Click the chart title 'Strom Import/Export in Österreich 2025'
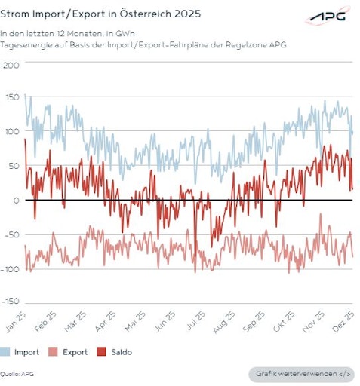[100, 14]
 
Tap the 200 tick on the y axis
[11, 64]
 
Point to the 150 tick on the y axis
[11, 97]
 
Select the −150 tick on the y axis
[10, 301]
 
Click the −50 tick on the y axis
[10, 233]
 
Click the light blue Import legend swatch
[5, 351]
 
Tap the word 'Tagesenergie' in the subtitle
[24, 44]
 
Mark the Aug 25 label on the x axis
[225, 323]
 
